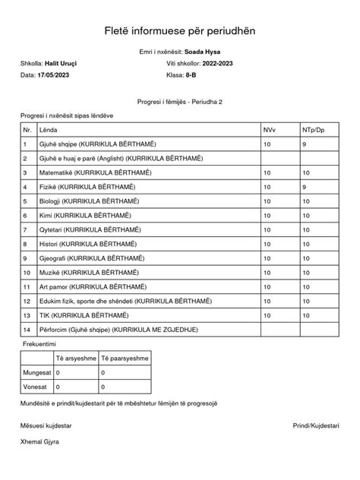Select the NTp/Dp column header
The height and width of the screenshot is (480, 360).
pyautogui.click(x=313, y=131)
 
